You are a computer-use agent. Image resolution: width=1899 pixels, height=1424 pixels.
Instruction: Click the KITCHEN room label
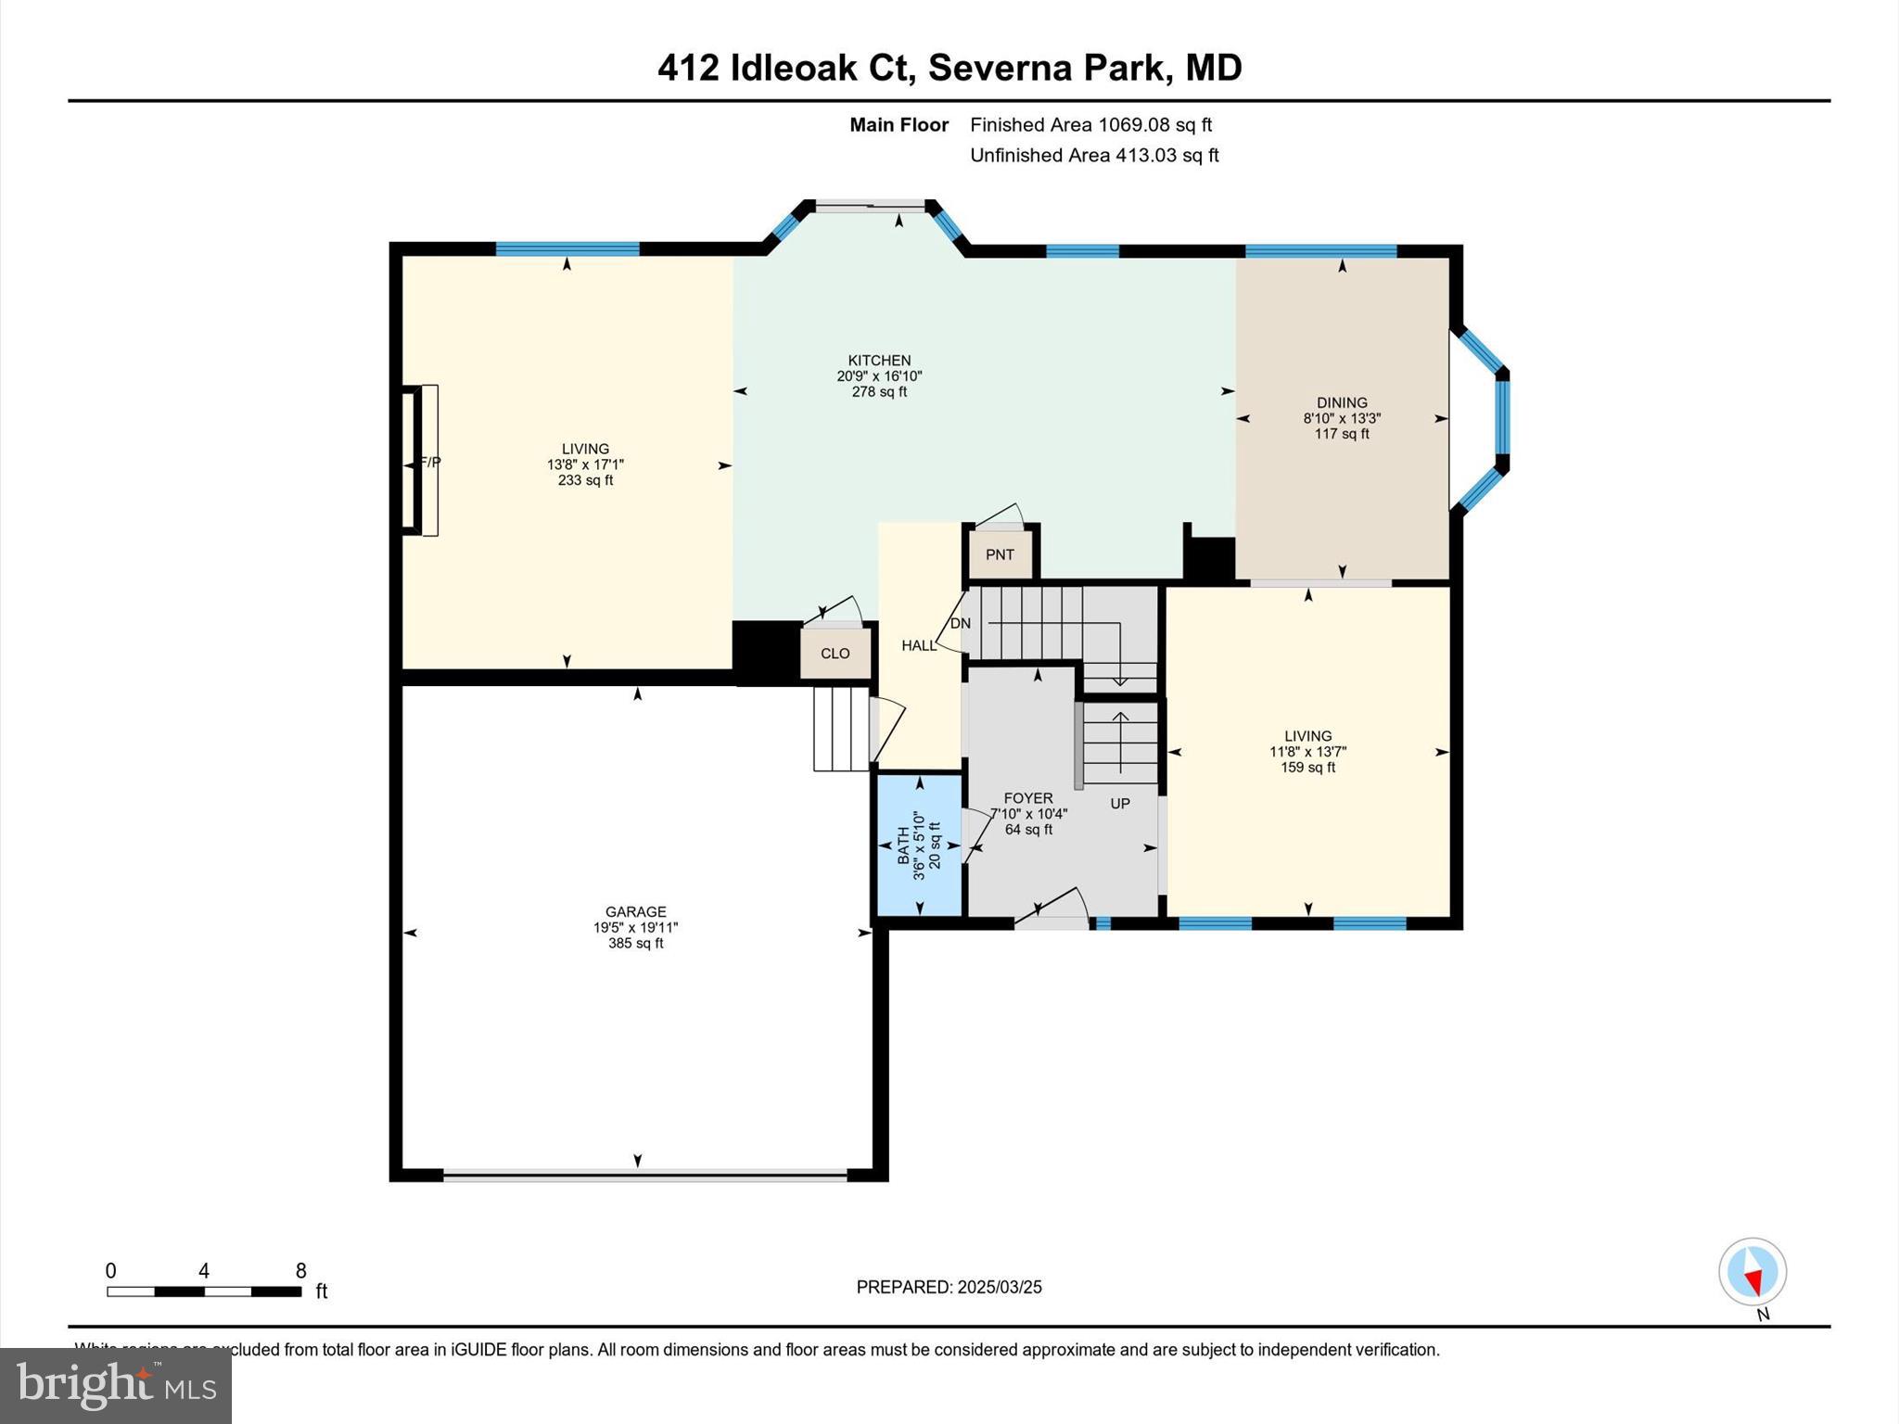(879, 361)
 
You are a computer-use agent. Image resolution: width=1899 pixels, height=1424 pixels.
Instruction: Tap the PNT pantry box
(1000, 554)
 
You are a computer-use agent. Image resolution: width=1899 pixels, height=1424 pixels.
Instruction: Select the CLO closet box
(835, 654)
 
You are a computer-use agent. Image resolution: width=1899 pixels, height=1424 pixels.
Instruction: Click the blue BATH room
(919, 845)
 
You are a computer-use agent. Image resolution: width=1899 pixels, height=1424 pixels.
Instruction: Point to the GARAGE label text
(636, 912)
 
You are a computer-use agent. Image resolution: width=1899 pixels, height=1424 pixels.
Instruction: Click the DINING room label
(1342, 402)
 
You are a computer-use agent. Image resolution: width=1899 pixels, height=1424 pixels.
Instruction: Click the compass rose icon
(1752, 1272)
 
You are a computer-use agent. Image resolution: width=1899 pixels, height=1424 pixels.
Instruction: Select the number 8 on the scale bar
(300, 1271)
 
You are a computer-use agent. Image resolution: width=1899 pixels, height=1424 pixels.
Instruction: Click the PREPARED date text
(949, 1287)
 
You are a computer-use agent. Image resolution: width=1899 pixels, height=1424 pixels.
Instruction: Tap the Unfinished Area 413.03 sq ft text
(1094, 156)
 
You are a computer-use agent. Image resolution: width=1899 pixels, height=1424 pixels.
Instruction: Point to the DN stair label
(961, 623)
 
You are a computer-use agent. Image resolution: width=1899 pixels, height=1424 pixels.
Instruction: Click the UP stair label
(1120, 803)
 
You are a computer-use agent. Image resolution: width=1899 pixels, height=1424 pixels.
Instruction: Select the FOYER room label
(1028, 798)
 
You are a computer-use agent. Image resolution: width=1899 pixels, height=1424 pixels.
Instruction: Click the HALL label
(919, 645)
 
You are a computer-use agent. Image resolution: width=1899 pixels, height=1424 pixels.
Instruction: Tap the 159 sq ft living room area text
(1307, 768)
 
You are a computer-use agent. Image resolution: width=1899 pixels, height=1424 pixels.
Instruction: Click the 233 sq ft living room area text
(585, 480)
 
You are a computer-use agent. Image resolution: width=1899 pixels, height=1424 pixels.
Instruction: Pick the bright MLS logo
(116, 1385)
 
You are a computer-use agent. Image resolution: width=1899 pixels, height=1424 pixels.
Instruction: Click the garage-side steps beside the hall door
(841, 729)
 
